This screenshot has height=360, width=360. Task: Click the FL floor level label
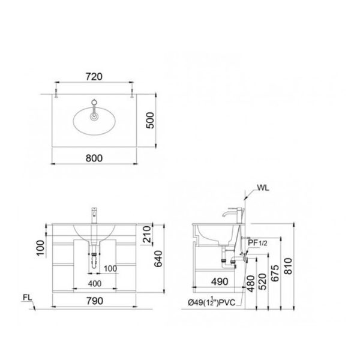[28, 296]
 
